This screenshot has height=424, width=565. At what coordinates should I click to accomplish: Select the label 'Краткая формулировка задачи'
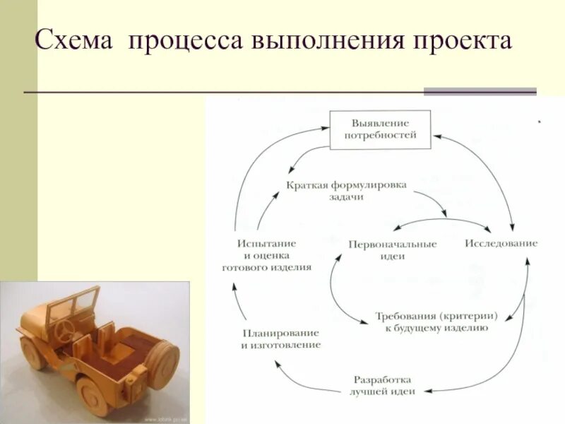coord(346,191)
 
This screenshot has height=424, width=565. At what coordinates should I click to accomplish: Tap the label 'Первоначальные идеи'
coord(392,249)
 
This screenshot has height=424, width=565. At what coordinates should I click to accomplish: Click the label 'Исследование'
coord(501,243)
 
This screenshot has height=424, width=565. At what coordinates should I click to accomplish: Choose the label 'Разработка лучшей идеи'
coord(383,385)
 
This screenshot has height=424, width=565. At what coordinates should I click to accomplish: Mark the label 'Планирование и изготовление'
coord(280,339)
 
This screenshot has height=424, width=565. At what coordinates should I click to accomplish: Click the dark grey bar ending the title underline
coord(480,91)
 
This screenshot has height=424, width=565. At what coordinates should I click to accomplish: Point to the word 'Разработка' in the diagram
coord(383,379)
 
